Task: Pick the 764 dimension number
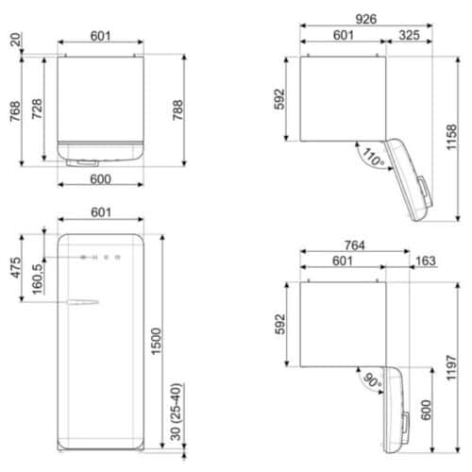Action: point(354,244)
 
